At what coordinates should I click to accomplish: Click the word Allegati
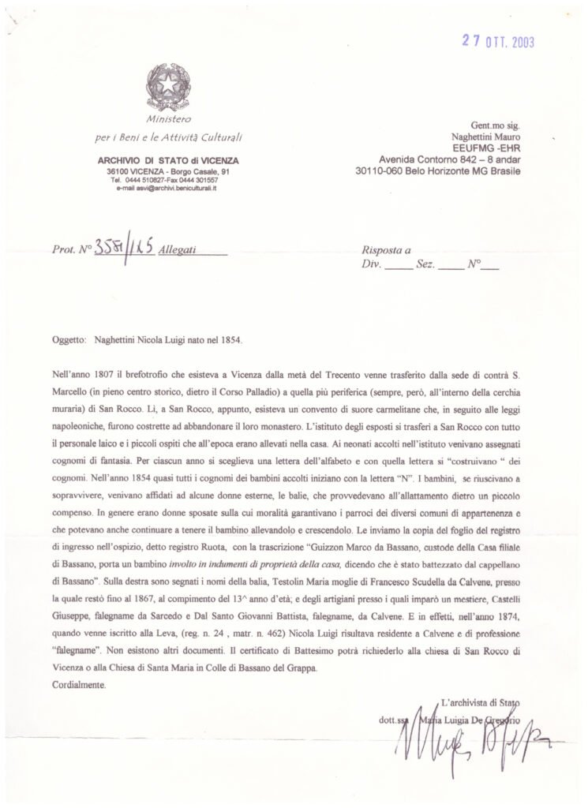click(x=178, y=252)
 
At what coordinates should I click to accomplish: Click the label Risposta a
click(x=386, y=252)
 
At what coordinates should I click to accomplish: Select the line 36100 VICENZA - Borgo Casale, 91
click(x=168, y=171)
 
